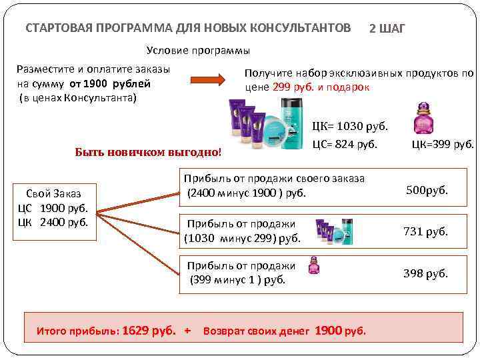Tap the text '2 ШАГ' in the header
point(387,29)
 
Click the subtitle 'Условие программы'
point(198,51)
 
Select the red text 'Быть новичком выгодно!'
point(147,152)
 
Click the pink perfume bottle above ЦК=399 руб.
point(423,118)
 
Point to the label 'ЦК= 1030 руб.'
point(350,126)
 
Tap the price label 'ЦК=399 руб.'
point(443,143)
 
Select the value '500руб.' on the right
point(427,191)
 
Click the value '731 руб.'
point(425,231)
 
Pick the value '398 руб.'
point(425,273)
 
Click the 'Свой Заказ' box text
point(57,193)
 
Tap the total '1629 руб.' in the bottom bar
point(152,330)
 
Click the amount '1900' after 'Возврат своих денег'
point(329,330)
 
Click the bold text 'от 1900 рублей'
point(108,84)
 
